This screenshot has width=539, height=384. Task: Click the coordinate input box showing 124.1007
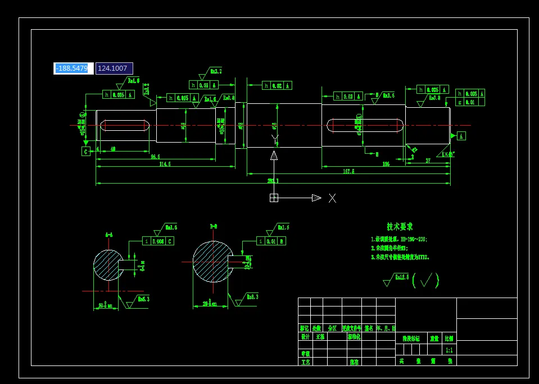click(114, 68)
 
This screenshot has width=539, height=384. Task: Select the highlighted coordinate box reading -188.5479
click(73, 68)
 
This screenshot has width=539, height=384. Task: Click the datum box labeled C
click(86, 152)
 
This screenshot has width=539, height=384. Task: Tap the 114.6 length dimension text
click(165, 164)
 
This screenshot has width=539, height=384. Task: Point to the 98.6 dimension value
click(155, 157)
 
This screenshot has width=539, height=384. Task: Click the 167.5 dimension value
click(348, 171)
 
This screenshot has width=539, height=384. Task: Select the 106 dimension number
click(386, 164)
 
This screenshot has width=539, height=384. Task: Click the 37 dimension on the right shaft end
click(428, 161)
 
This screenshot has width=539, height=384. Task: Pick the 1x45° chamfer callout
click(447, 153)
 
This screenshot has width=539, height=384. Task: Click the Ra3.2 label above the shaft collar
click(216, 71)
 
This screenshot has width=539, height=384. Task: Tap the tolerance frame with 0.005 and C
click(158, 241)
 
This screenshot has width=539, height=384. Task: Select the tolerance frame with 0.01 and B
click(271, 241)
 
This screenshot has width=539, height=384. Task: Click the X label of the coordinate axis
click(332, 198)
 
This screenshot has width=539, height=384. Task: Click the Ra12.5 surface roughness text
click(401, 277)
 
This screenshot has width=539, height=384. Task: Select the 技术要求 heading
click(400, 227)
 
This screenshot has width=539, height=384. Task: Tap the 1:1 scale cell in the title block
click(449, 350)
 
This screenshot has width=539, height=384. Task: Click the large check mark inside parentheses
click(425, 280)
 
